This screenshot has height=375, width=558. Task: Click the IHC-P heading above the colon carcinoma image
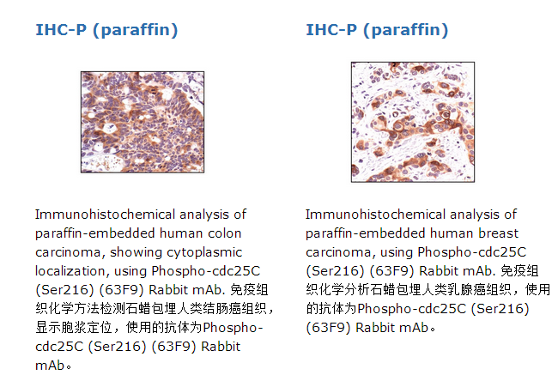pyautogui.click(x=106, y=30)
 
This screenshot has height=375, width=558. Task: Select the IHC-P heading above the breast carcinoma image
pyautogui.click(x=377, y=30)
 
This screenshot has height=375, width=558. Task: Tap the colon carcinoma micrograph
pyautogui.click(x=143, y=122)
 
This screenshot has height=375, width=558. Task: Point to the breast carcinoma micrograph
pyautogui.click(x=413, y=122)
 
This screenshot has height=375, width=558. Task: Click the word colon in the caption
pyautogui.click(x=225, y=233)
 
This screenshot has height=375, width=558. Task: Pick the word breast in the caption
pyautogui.click(x=498, y=233)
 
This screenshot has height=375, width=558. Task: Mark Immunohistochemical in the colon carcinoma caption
pyautogui.click(x=106, y=215)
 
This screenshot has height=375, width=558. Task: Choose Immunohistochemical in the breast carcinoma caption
pyautogui.click(x=375, y=215)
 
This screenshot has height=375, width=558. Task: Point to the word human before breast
pyautogui.click(x=452, y=233)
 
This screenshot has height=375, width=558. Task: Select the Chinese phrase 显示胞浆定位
pyautogui.click(x=74, y=327)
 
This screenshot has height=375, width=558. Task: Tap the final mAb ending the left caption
pyautogui.click(x=50, y=366)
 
